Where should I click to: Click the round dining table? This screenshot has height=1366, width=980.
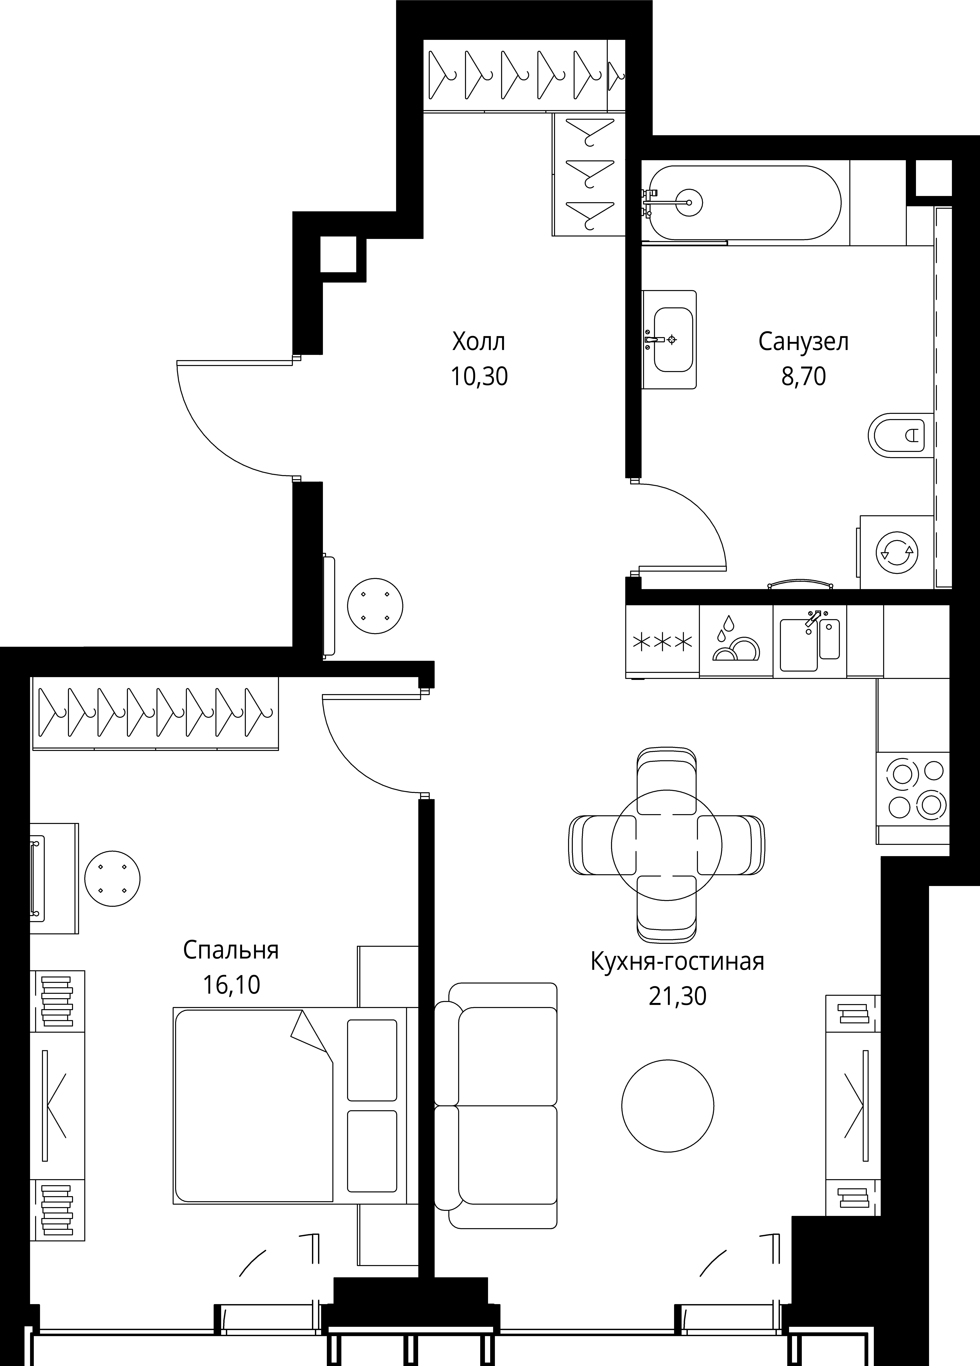pyautogui.click(x=666, y=845)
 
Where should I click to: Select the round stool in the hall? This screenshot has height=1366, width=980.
pyautogui.click(x=375, y=606)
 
